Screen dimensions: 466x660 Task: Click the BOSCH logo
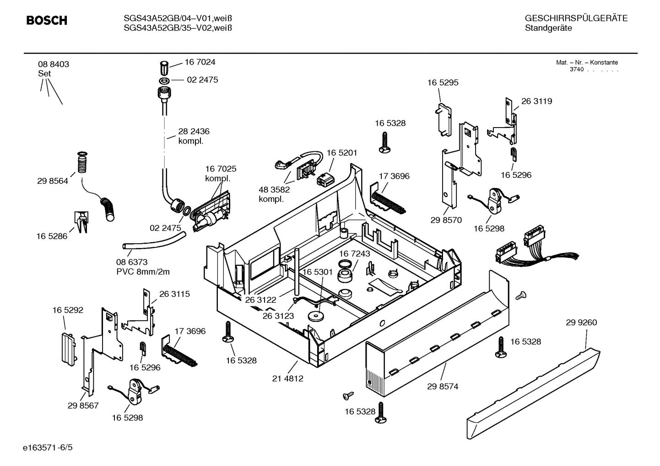47,21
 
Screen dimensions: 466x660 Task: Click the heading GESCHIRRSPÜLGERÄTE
576,19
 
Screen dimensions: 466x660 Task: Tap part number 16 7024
200,62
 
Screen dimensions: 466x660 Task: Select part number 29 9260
581,322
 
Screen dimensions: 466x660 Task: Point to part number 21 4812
287,378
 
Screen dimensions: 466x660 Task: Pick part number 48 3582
274,189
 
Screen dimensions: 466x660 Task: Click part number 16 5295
443,83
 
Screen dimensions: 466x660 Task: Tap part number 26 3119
536,102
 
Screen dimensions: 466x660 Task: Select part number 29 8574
443,386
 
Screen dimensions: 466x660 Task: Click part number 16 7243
355,253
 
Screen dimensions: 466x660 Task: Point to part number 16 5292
68,310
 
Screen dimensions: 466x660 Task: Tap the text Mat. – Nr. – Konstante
587,63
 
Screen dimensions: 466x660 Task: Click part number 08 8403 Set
54,69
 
